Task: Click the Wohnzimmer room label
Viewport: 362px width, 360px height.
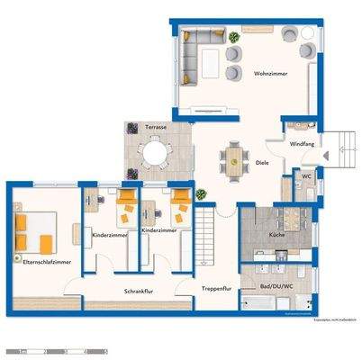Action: click(x=270, y=74)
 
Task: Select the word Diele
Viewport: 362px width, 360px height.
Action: click(x=262, y=164)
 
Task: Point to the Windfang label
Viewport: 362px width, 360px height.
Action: click(x=302, y=144)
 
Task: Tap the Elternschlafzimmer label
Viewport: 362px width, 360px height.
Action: click(x=41, y=262)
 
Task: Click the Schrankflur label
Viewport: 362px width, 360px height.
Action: click(x=140, y=292)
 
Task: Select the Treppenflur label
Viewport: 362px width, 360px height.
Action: click(x=216, y=289)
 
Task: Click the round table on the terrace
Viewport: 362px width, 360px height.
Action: click(x=157, y=155)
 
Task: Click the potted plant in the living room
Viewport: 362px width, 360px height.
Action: click(x=235, y=37)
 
